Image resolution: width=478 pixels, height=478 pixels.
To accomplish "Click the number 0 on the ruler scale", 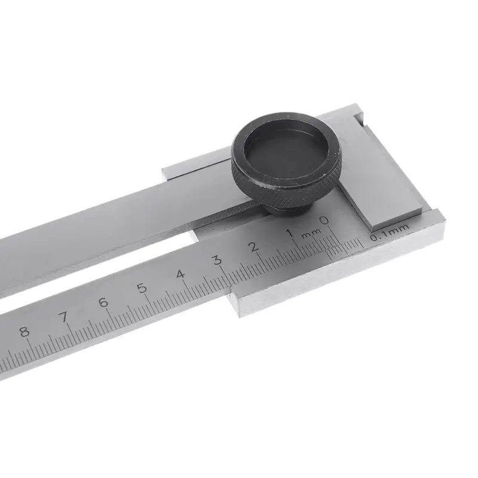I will (x=324, y=221).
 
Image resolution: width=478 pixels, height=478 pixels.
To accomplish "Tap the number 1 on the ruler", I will (x=289, y=233).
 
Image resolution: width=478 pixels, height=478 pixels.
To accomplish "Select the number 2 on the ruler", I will (x=253, y=246).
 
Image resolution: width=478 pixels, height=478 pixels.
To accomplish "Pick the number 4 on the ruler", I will (x=180, y=274).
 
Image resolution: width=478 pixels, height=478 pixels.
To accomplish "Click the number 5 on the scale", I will (x=142, y=289).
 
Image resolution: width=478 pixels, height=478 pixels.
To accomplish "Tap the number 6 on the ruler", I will (x=103, y=302).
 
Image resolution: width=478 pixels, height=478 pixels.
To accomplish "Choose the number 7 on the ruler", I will (x=63, y=317).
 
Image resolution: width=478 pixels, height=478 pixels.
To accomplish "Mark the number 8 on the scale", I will (x=24, y=332).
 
